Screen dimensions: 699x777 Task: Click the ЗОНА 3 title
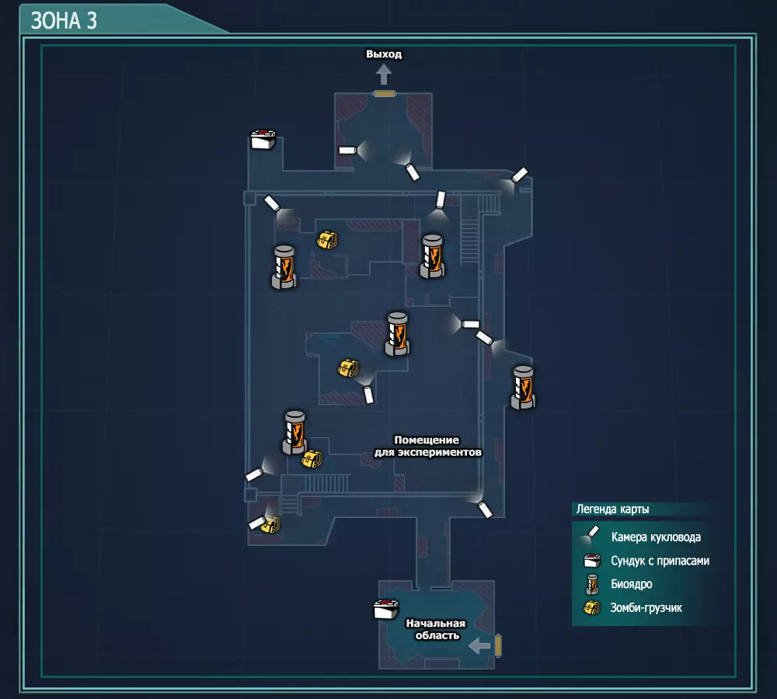(64, 20)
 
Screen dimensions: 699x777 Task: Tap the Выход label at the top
(384, 54)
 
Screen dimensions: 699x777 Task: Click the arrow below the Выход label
(384, 74)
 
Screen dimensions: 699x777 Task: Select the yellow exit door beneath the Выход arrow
(385, 94)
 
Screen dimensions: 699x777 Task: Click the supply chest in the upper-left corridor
(263, 140)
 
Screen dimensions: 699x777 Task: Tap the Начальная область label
(435, 629)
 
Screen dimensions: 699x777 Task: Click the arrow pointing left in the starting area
(479, 645)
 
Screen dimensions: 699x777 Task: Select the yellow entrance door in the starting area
(498, 645)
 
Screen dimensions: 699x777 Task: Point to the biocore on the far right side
(523, 387)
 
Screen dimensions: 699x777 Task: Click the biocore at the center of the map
(397, 333)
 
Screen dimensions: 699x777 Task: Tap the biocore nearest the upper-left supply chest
(284, 267)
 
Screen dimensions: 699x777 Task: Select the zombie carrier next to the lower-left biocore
(312, 459)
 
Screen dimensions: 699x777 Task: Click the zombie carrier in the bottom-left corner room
(270, 524)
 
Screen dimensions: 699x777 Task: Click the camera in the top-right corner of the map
(519, 175)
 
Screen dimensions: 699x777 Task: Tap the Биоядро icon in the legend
(593, 584)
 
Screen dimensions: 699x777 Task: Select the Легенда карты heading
(612, 510)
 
